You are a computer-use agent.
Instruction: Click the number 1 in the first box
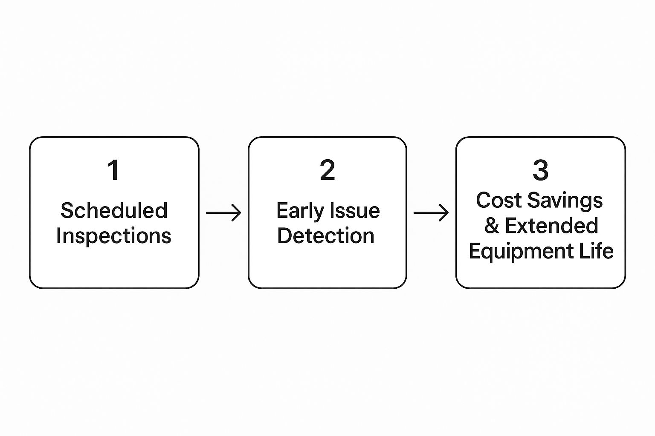pyautogui.click(x=114, y=170)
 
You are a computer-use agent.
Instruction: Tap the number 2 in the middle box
pyautogui.click(x=327, y=170)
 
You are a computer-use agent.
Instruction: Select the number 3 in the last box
pyautogui.click(x=540, y=170)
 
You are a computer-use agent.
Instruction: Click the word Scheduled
pyautogui.click(x=114, y=210)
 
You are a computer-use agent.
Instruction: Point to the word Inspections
pyautogui.click(x=114, y=236)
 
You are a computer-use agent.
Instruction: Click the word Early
pyautogui.click(x=300, y=211)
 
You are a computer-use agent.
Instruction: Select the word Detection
pyautogui.click(x=326, y=235)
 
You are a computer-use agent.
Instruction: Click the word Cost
pyautogui.click(x=499, y=201)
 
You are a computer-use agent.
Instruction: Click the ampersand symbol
pyautogui.click(x=492, y=225)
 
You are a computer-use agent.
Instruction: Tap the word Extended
pyautogui.click(x=551, y=225)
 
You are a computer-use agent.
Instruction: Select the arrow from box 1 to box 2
pyautogui.click(x=223, y=213)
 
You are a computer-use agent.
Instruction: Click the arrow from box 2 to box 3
pyautogui.click(x=431, y=213)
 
